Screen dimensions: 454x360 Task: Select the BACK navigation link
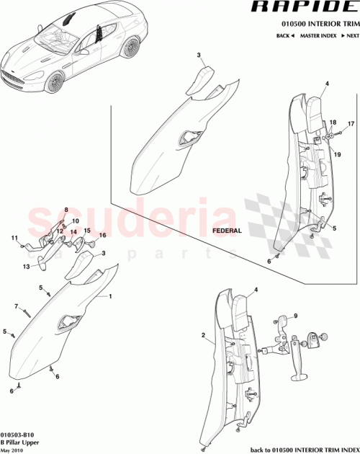tap(284, 35)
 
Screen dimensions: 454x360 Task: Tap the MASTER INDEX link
tap(318, 35)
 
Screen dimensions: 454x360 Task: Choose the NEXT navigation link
tap(351, 35)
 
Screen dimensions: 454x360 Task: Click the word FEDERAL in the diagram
tap(228, 231)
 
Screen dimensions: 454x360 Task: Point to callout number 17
tap(351, 124)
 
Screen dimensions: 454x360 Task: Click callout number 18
tap(333, 123)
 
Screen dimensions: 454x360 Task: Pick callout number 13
tap(25, 266)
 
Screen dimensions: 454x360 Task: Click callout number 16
tap(102, 236)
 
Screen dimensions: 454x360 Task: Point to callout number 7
tap(15, 307)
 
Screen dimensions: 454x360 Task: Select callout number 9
tap(294, 316)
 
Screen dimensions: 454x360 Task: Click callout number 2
tap(204, 334)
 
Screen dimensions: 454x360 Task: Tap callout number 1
tap(111, 296)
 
